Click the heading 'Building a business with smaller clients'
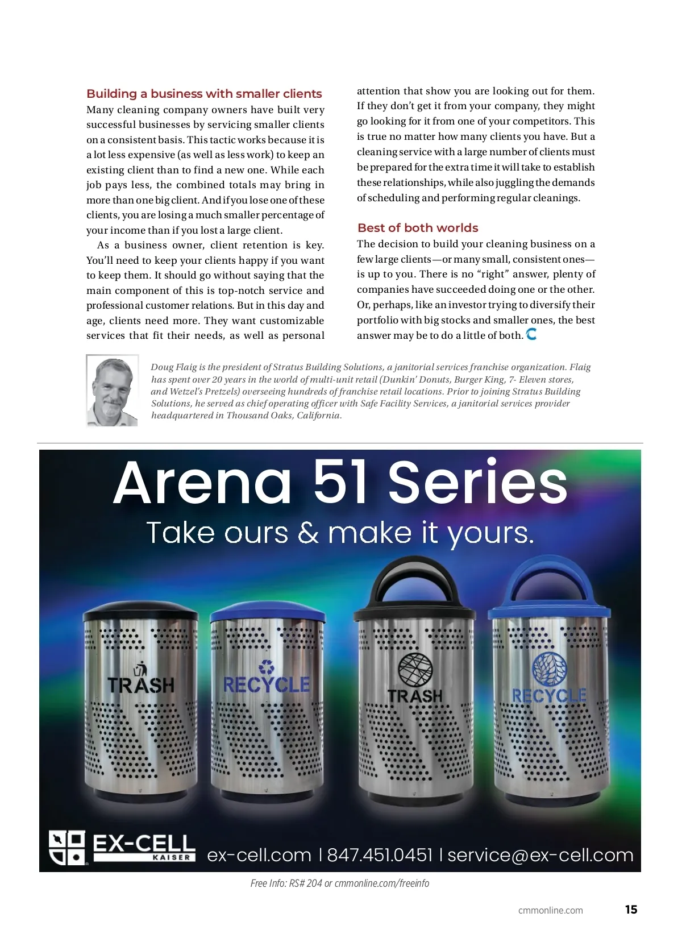coord(204,94)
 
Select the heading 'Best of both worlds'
coord(418,228)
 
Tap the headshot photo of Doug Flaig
coord(112,391)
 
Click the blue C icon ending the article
coord(531,334)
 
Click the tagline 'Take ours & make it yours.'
coord(340,533)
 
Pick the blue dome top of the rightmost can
coord(549,586)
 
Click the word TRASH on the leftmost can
coord(141,685)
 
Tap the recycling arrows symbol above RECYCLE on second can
coord(267,666)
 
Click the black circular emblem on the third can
coord(415,669)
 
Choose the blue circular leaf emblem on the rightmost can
coord(549,668)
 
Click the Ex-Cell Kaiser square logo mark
coord(67,847)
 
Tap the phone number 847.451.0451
coord(380,854)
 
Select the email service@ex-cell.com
coord(540,854)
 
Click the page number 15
coord(631,910)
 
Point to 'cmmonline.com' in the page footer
coord(550,910)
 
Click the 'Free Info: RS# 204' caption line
coord(340,883)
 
